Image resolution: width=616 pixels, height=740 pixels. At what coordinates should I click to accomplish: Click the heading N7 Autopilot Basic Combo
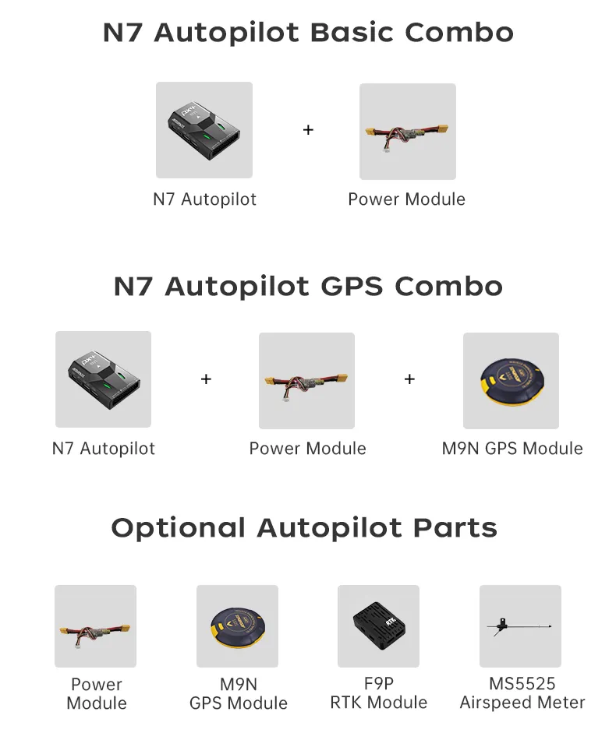(308, 33)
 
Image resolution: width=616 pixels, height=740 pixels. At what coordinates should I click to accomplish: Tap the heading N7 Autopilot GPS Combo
(308, 286)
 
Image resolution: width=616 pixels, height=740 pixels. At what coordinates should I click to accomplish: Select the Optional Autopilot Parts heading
(304, 528)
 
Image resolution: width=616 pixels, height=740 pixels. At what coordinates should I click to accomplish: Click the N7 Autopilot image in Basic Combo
(204, 130)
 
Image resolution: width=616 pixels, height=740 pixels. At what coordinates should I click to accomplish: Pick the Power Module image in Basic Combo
(407, 132)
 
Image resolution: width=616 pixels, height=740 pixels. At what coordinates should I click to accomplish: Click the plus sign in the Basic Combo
(308, 130)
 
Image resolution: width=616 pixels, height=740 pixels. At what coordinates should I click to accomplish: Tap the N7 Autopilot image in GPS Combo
(103, 379)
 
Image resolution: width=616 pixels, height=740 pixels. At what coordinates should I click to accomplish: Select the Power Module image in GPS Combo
(306, 381)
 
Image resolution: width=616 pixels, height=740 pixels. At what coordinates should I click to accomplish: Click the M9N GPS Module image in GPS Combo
(511, 381)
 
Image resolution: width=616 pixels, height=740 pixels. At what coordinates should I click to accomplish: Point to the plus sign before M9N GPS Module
(409, 379)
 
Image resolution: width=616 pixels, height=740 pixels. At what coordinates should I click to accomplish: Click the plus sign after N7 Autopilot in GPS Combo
(206, 379)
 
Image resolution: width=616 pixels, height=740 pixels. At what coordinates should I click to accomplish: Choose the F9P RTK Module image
(378, 626)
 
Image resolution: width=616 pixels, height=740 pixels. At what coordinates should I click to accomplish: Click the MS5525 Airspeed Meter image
(520, 626)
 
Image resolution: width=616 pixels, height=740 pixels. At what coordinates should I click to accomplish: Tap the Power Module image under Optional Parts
(95, 626)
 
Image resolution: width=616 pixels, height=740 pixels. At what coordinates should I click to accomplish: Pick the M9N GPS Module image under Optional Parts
(237, 626)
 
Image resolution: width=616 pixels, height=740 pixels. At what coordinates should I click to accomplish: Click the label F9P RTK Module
(378, 693)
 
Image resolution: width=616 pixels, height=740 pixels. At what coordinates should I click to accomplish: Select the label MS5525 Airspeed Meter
(522, 693)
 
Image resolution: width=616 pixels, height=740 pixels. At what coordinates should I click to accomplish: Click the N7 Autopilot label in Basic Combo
(204, 199)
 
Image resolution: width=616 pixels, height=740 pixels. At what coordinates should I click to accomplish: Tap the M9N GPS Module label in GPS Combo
(512, 449)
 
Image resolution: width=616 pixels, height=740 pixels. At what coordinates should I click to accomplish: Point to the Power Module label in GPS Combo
(307, 449)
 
